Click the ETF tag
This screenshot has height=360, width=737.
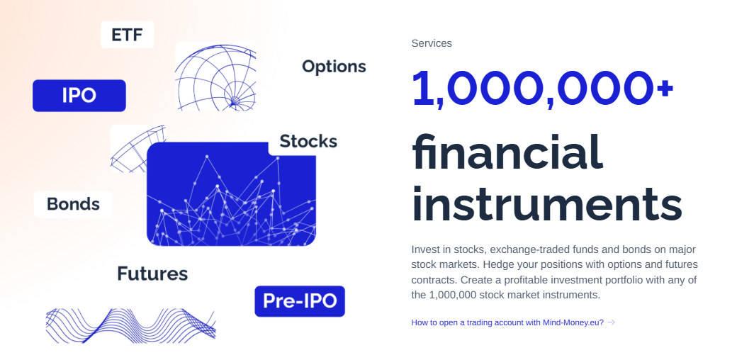127,34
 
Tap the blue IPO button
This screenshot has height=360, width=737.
79,96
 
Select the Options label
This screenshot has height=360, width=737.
334,67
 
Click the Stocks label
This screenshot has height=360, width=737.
308,142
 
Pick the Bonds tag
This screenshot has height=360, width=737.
73,204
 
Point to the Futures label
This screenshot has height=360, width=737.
152,274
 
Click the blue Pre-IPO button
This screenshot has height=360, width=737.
299,301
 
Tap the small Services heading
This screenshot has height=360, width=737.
432,43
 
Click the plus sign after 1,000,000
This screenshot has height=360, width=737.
665,88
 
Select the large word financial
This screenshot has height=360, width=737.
507,152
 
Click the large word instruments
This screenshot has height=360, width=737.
546,203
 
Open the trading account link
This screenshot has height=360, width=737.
507,322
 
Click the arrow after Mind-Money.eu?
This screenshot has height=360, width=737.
611,322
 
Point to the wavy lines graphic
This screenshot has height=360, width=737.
130,325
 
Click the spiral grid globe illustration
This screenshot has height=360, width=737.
215,77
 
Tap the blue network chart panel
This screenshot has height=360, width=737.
231,194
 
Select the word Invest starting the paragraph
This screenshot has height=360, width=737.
424,249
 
